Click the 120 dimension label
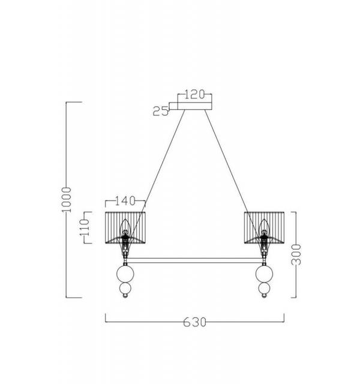194,94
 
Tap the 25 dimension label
161,111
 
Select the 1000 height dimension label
66,200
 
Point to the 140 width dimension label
125,201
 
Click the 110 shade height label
85,227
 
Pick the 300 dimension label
296,254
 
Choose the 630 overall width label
194,322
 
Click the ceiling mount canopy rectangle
194,106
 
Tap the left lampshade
125,227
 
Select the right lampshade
264,227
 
